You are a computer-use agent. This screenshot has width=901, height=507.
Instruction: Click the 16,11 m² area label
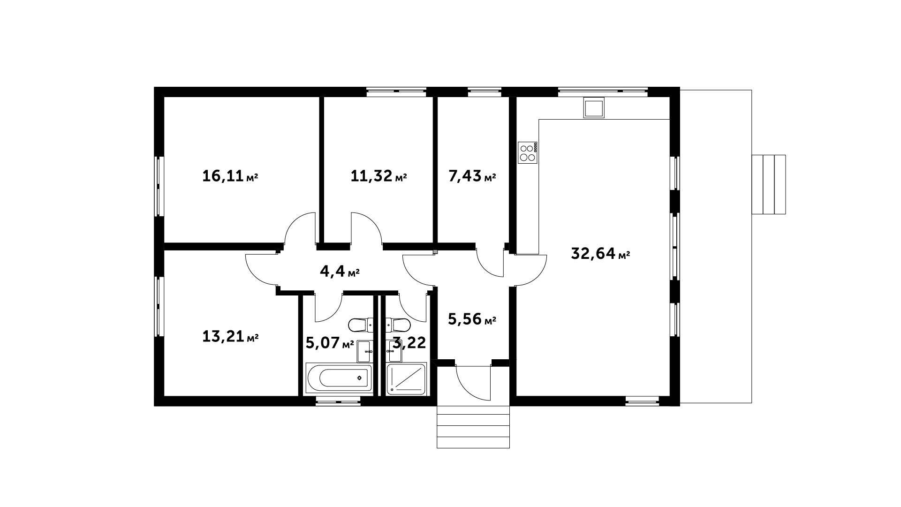230,176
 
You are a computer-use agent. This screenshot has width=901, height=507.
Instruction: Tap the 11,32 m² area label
379,176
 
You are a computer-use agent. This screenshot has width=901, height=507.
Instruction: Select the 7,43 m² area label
472,176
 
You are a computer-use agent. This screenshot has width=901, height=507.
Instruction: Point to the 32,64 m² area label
600,254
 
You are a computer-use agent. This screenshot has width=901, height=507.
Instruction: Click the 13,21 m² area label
230,336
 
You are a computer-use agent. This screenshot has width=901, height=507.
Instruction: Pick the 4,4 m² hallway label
340,271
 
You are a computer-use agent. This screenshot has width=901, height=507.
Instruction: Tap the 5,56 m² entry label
472,319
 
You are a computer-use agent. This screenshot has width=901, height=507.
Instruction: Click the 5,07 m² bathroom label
330,343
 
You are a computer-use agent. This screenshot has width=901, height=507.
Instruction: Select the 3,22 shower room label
409,343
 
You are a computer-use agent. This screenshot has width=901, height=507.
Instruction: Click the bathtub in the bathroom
339,378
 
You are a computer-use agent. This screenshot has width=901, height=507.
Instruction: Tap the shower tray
406,378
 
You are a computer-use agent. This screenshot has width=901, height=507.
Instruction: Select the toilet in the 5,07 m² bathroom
361,324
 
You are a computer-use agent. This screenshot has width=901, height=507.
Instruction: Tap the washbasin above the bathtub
365,352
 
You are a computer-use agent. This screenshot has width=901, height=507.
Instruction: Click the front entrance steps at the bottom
473,427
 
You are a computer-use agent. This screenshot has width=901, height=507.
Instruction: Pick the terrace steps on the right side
769,184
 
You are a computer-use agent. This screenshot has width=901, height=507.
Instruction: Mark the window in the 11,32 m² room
396,92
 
